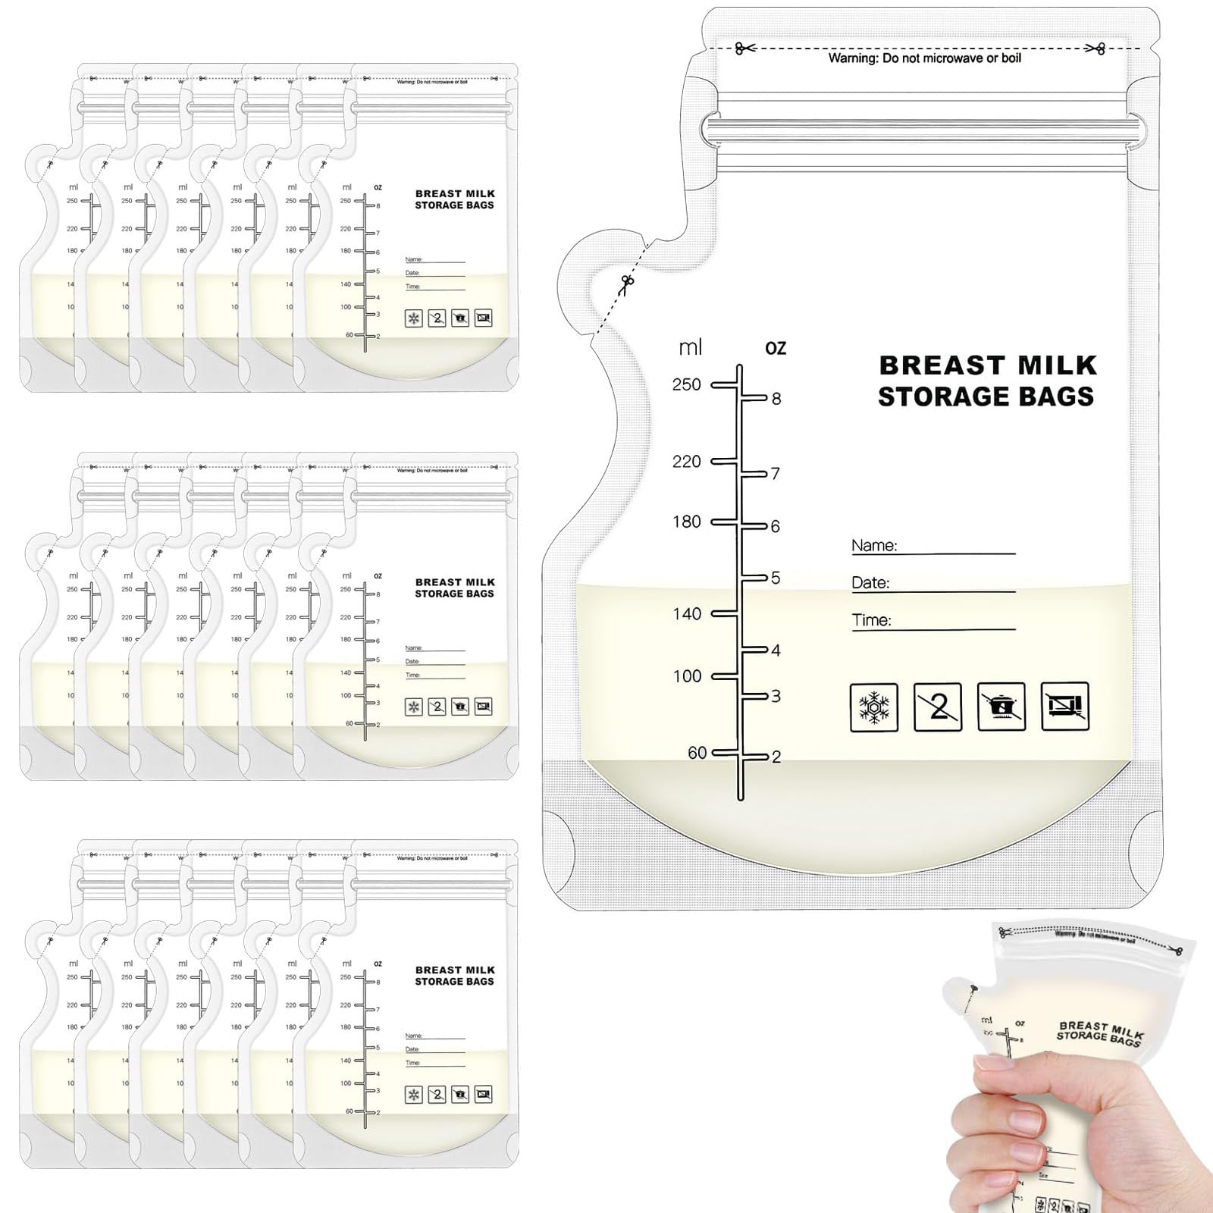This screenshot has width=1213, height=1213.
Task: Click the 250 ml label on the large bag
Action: [686, 384]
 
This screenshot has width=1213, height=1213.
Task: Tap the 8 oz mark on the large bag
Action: [776, 399]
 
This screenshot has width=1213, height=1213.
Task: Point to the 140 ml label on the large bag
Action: [687, 614]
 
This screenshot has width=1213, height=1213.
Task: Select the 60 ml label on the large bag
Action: [697, 753]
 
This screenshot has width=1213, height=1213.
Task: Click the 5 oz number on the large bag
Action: [775, 578]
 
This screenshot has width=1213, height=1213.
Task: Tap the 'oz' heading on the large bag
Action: [776, 348]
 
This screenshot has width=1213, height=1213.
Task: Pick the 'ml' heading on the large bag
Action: [690, 348]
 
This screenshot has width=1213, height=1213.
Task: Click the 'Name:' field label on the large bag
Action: [873, 545]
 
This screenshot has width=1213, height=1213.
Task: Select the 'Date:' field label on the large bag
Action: [870, 582]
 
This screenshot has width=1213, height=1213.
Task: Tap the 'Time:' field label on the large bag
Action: [871, 620]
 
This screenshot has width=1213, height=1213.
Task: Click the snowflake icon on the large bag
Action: [874, 707]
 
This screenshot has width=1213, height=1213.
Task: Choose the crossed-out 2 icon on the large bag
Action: [938, 707]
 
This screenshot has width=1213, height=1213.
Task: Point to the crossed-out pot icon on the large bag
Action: [1001, 707]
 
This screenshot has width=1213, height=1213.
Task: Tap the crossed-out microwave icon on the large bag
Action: [1065, 707]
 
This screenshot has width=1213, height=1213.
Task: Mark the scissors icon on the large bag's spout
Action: [626, 284]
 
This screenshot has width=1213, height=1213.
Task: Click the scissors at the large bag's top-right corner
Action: [1095, 49]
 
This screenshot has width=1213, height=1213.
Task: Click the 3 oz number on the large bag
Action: [775, 696]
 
